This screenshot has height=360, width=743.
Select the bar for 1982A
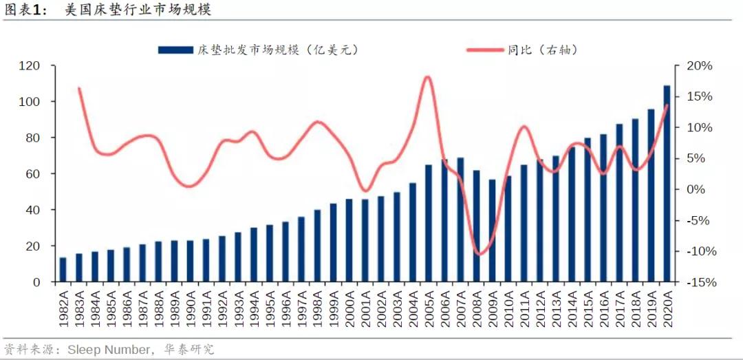(x=63, y=270)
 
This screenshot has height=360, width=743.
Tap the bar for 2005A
(x=429, y=224)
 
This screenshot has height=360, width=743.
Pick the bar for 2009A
(x=492, y=231)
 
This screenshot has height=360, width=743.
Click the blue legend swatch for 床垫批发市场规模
(x=175, y=50)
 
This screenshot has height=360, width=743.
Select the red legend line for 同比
(x=486, y=50)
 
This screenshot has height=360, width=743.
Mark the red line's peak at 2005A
(x=427, y=76)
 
